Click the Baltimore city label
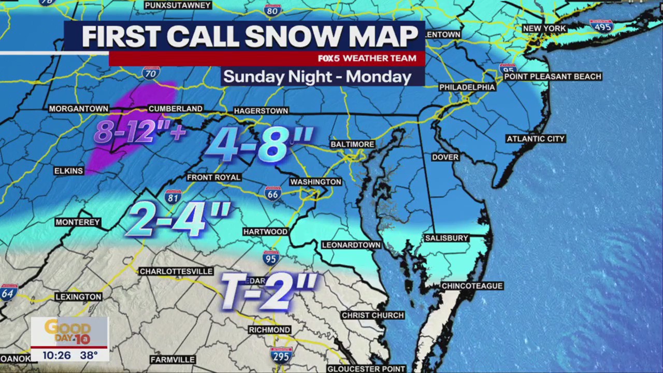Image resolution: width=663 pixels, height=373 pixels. point(352,144)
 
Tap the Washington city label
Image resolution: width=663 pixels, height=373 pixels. point(315,182)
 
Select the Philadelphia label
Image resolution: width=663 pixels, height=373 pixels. point(467,87)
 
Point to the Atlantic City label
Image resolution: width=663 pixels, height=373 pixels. point(536,139)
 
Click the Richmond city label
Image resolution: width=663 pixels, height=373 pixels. point(269,329)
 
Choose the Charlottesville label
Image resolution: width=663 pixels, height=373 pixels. point(176,271)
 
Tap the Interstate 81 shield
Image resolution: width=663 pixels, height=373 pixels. point(173,197)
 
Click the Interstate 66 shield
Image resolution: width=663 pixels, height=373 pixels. point(273,193)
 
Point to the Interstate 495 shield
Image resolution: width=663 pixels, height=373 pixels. point(601,26)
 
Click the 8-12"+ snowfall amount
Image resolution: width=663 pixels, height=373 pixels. point(140,132)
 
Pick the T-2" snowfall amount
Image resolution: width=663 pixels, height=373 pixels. point(268,290)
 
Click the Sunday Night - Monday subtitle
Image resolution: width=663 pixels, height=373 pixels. point(317,77)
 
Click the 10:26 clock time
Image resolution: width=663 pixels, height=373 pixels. point(56,355)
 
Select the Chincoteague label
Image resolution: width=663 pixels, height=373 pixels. point(472,285)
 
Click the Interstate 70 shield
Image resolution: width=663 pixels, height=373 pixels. point(151,73)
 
